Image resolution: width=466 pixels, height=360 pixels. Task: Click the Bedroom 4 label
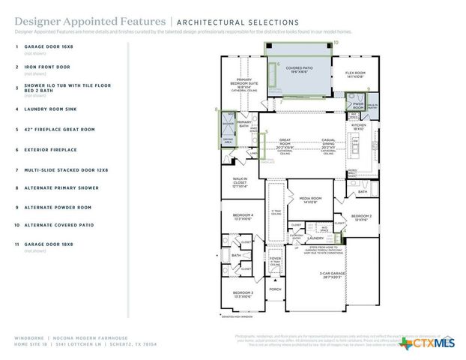point(243,216)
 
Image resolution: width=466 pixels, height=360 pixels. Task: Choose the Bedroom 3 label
point(242,294)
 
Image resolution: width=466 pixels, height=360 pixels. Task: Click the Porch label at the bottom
point(275,289)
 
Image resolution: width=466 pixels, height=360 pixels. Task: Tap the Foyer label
point(275,259)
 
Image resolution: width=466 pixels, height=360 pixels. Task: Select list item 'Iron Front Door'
point(49,67)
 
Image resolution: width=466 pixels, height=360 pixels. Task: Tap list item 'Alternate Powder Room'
point(58,207)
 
